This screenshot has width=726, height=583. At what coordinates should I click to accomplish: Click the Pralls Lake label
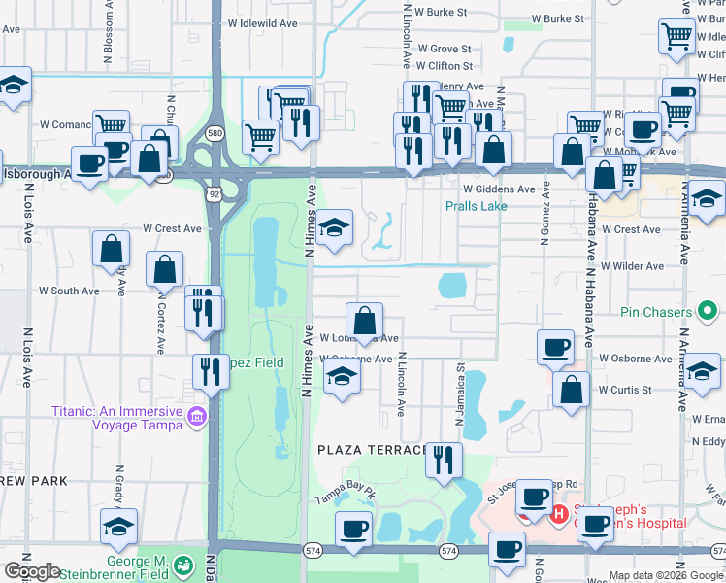click(476, 206)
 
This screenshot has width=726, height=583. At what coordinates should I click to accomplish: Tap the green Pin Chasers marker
click(709, 312)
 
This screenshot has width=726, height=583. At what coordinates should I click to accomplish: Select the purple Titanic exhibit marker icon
click(198, 417)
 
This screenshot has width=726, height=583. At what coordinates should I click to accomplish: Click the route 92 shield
click(213, 194)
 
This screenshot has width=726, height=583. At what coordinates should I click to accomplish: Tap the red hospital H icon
click(559, 513)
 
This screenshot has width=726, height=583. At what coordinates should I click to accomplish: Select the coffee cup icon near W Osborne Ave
click(555, 347)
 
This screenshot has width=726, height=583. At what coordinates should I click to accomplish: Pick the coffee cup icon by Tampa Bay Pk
click(353, 530)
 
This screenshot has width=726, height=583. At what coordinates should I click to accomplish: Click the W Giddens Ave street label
click(499, 189)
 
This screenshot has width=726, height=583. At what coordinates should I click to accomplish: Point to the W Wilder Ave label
click(631, 265)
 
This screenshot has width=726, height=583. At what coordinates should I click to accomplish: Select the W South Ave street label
click(69, 291)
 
